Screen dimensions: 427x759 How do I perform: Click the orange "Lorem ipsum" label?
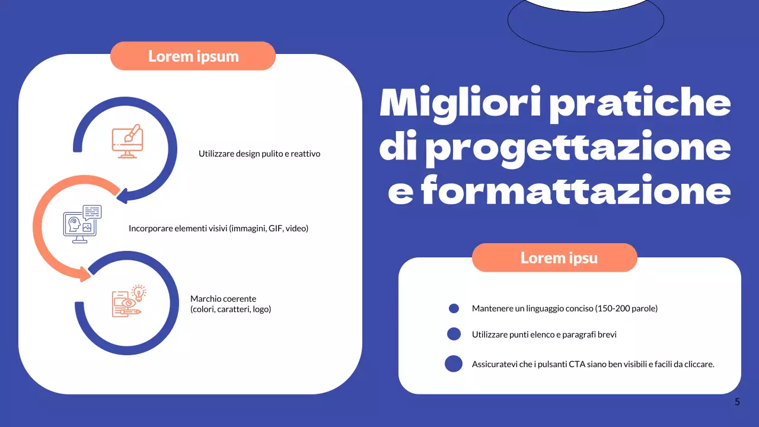pyautogui.click(x=193, y=56)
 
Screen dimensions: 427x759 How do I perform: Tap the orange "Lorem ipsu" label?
pyautogui.click(x=559, y=258)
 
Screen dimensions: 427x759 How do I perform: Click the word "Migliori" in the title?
pyautogui.click(x=459, y=104)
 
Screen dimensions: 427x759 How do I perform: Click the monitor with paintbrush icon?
pyautogui.click(x=127, y=141)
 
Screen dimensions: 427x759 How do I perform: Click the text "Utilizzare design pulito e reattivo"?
pyautogui.click(x=259, y=154)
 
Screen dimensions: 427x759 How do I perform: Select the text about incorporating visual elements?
pyautogui.click(x=218, y=228)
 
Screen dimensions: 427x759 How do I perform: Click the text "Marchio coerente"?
pyautogui.click(x=223, y=299)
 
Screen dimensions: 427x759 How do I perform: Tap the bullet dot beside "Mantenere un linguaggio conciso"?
pyautogui.click(x=454, y=308)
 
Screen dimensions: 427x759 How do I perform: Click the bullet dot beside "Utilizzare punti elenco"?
pyautogui.click(x=454, y=334)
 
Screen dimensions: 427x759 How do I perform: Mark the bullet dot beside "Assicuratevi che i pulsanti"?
pyautogui.click(x=454, y=364)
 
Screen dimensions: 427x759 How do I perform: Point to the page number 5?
pyautogui.click(x=737, y=402)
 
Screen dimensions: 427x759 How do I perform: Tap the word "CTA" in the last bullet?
pyautogui.click(x=577, y=364)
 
